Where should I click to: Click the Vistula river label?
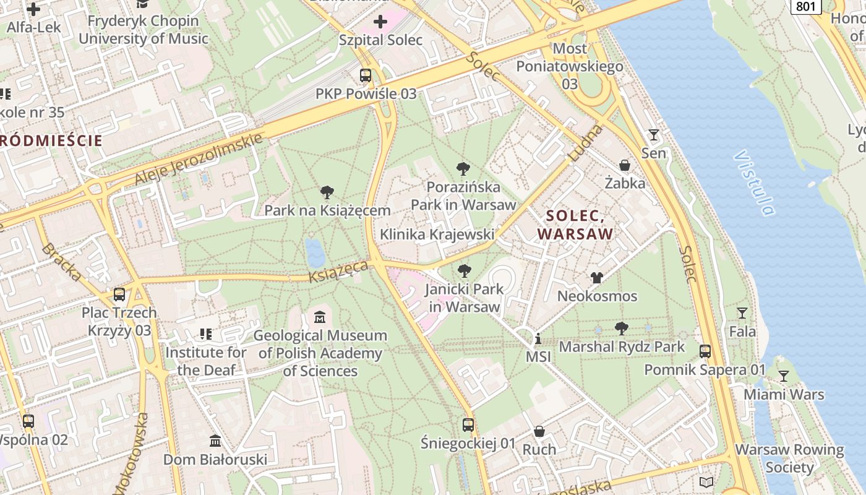coord(754,183)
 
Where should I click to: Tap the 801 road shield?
coord(806,6)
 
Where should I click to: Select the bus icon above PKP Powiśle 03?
coord(366,75)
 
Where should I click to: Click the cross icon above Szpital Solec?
coord(380,22)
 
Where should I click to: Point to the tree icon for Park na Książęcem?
coord(327,192)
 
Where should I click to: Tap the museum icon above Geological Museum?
coord(320,317)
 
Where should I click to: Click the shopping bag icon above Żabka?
coord(625,165)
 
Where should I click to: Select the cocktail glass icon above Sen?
coord(654,135)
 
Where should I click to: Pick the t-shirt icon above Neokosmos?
coord(597,278)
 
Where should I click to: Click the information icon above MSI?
coord(538,339)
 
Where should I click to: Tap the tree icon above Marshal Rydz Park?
coord(622,329)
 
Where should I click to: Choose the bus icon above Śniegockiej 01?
coord(468,425)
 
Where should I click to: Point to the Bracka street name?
coord(61,262)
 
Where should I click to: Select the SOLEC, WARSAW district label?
coord(575,225)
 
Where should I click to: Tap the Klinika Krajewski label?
coord(437,235)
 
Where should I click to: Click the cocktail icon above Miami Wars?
coord(784,376)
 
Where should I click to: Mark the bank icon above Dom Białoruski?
coord(215,441)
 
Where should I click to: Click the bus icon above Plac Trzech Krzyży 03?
coord(119,295)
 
